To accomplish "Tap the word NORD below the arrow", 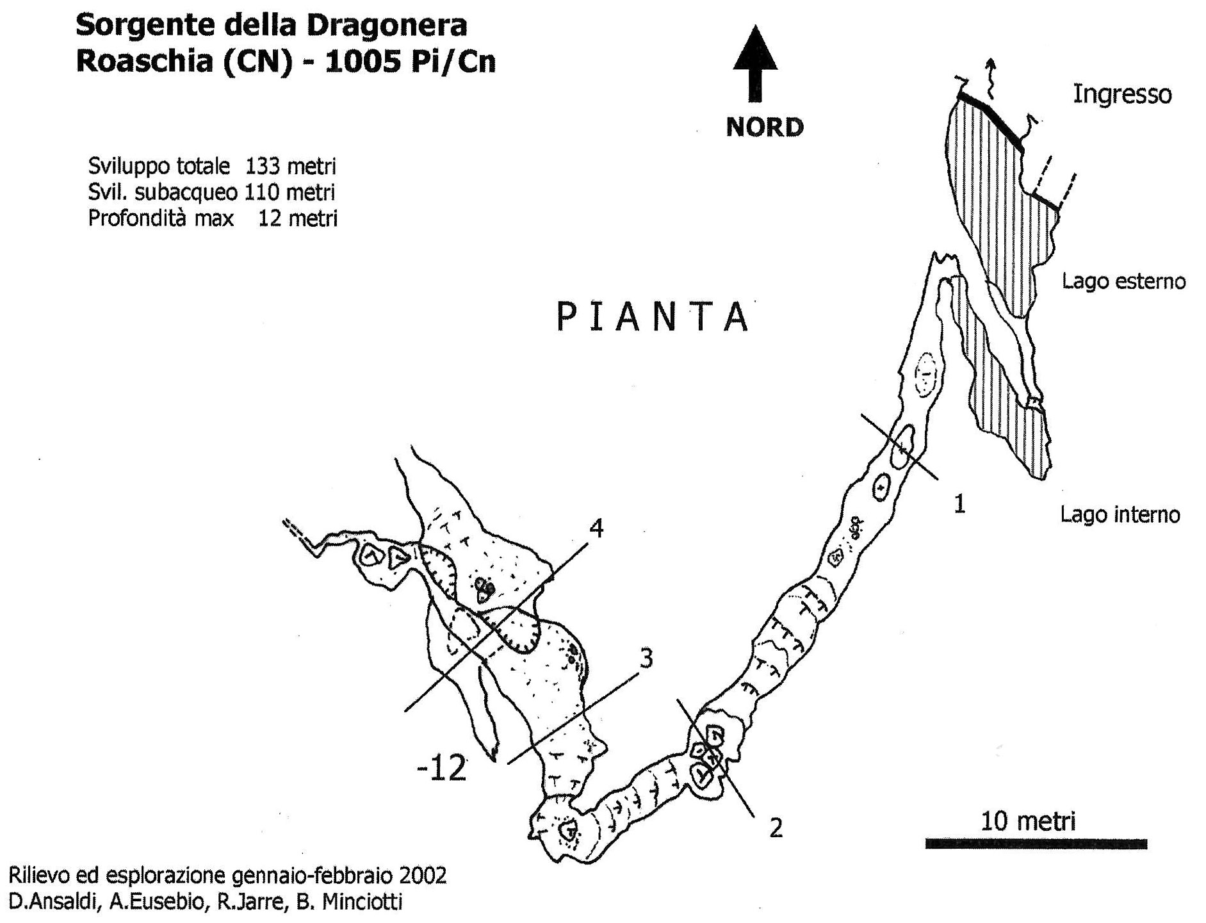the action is click(x=765, y=127).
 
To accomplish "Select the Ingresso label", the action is click(x=1122, y=95).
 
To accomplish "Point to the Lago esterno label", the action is click(x=1123, y=281).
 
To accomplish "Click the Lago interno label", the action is click(x=1120, y=514).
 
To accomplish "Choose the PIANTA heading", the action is click(x=653, y=317).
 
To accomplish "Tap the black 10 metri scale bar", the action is click(x=1036, y=844).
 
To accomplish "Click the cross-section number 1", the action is click(x=959, y=505).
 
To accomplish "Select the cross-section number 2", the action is click(x=776, y=829).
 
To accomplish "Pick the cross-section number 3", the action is click(x=646, y=658).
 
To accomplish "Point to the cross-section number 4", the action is click(x=596, y=528).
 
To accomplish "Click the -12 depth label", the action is click(x=441, y=769).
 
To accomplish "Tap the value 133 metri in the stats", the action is click(x=291, y=167).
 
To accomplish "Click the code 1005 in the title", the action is click(x=363, y=62).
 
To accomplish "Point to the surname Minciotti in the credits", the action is click(x=362, y=902).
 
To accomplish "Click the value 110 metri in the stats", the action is click(x=290, y=192).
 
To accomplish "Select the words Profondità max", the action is click(x=161, y=218).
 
